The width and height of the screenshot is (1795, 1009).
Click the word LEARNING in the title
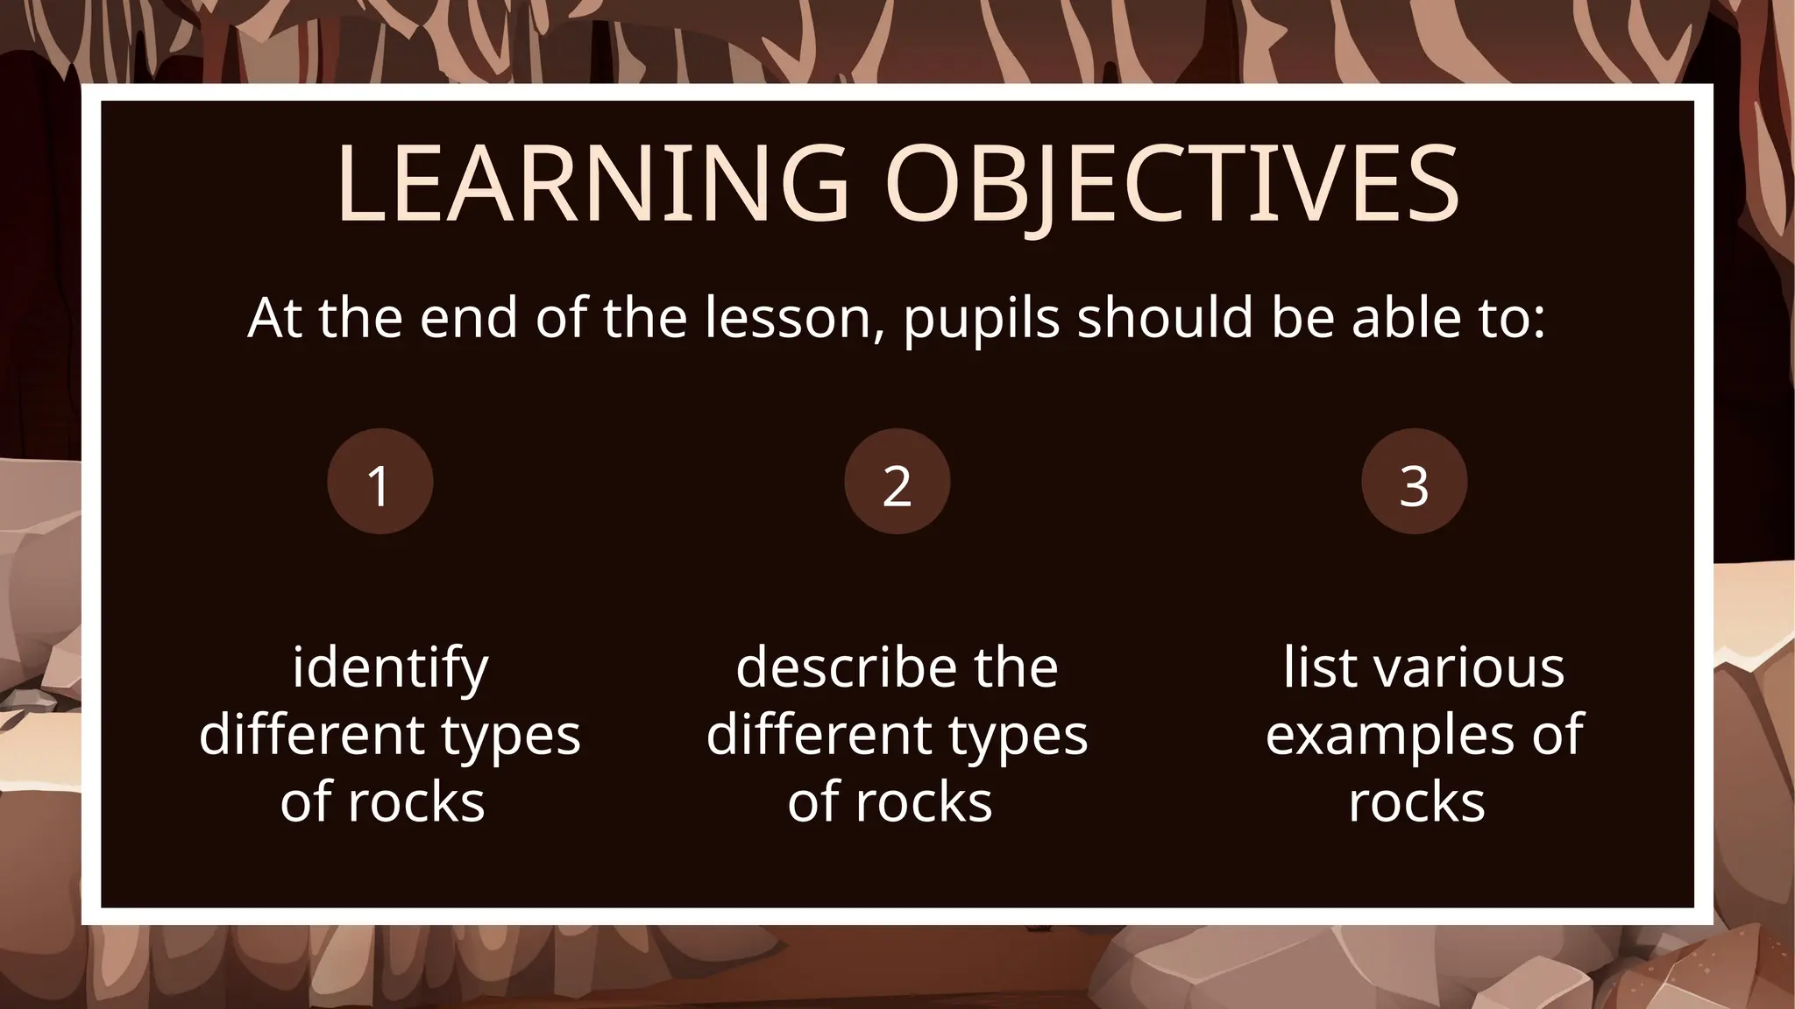592,183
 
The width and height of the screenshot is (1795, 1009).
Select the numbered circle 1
380,482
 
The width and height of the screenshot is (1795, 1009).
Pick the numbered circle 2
897,482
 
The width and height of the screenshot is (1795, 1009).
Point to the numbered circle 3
1414,482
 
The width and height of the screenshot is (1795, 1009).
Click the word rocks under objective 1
416,802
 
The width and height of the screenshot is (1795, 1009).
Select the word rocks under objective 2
924,802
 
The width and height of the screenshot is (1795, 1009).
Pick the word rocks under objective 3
1416,802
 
